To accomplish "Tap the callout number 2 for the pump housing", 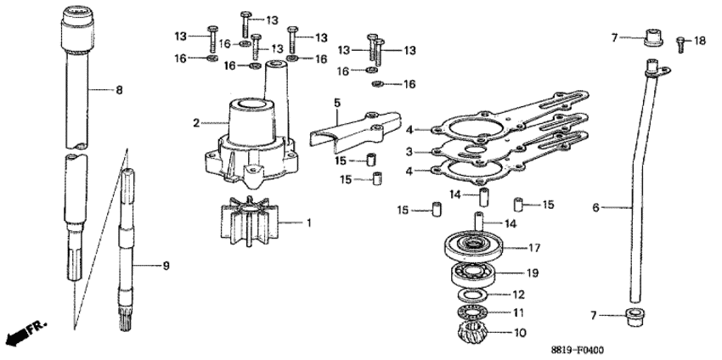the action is coord(196,123).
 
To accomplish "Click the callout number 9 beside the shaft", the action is coord(166,266).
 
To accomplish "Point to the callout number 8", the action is coord(119,90).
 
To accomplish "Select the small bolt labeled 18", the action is coord(680,45).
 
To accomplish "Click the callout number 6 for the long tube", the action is coord(595,208).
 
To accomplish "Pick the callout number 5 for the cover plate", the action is coord(337,103).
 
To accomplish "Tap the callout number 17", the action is coord(533,248).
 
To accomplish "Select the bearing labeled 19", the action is coord(473,274).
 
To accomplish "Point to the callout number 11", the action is coord(518,313).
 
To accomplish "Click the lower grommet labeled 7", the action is coord(635,317).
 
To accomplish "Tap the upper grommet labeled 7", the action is coord(652,37).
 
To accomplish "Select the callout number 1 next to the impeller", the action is coord(309,223).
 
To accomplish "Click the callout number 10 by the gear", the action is coord(519,332).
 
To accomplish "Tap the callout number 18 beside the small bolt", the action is coord(699,41).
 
